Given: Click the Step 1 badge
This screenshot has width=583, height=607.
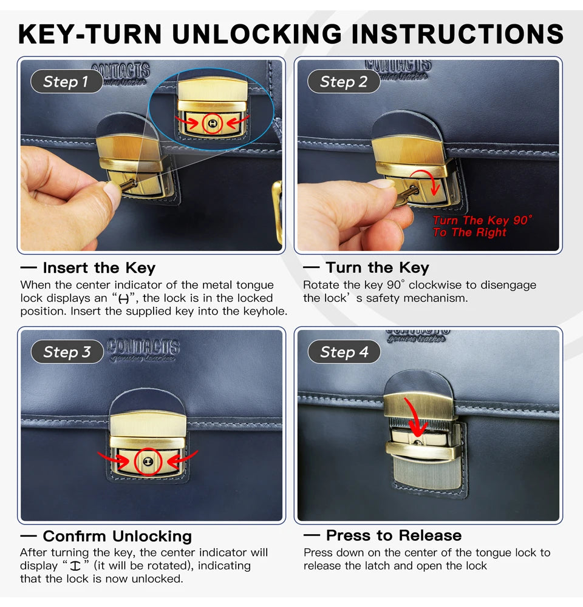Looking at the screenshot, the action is tap(67, 81).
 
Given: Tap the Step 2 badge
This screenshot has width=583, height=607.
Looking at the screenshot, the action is tap(344, 81).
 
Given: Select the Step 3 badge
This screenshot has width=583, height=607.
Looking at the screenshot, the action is tap(67, 352).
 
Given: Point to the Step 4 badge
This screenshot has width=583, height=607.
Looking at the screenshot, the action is tap(344, 352).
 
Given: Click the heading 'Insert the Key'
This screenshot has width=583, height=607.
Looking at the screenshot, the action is tap(99, 268).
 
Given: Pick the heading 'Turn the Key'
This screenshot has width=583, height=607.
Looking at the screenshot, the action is tap(378, 267).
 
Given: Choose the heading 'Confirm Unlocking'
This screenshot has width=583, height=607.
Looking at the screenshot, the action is tap(117, 537).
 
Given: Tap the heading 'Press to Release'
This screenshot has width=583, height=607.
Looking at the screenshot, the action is tap(394, 535).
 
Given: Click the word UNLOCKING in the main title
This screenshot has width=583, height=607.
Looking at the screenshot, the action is tap(257, 34).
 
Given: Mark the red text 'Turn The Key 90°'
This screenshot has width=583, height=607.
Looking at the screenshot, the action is tap(482, 220).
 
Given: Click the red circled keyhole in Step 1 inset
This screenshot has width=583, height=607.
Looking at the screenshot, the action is tap(212, 124).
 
